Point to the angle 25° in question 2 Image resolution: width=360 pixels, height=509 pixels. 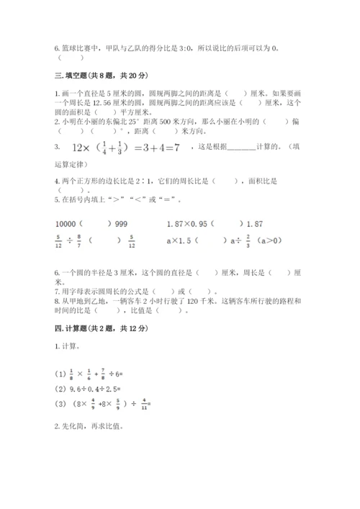click(x=126, y=122)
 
